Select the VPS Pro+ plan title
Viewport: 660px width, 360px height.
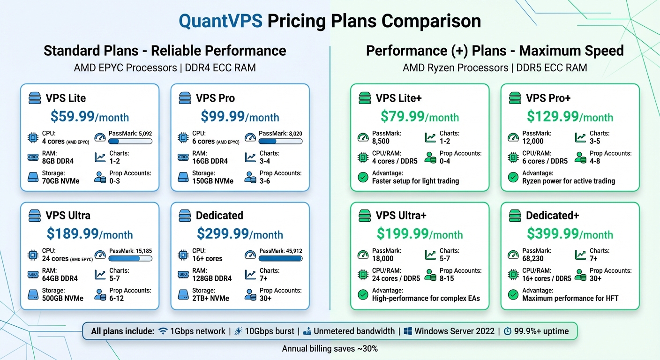547,98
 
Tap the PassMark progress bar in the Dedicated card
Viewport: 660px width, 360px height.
280,258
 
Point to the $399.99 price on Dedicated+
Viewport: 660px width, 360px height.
552,234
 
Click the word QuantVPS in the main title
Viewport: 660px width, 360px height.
221,21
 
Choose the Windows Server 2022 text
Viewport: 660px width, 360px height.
454,331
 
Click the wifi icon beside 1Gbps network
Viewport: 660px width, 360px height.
163,331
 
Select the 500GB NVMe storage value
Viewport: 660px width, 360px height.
62,298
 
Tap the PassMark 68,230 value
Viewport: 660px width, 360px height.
533,258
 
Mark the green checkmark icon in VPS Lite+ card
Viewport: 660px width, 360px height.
362,177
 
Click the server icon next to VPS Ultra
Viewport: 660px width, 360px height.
35,216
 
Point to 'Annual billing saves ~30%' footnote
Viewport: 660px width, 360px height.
330,349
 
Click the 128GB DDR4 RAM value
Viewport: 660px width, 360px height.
212,278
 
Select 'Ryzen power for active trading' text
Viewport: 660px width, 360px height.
568,181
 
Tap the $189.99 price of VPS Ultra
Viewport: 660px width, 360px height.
72,234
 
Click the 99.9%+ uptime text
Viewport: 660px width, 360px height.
541,331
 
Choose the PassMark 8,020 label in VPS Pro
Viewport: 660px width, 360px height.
280,134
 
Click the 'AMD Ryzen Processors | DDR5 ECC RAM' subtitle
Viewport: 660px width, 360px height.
495,68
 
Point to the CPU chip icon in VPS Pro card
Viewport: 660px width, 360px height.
183,138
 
